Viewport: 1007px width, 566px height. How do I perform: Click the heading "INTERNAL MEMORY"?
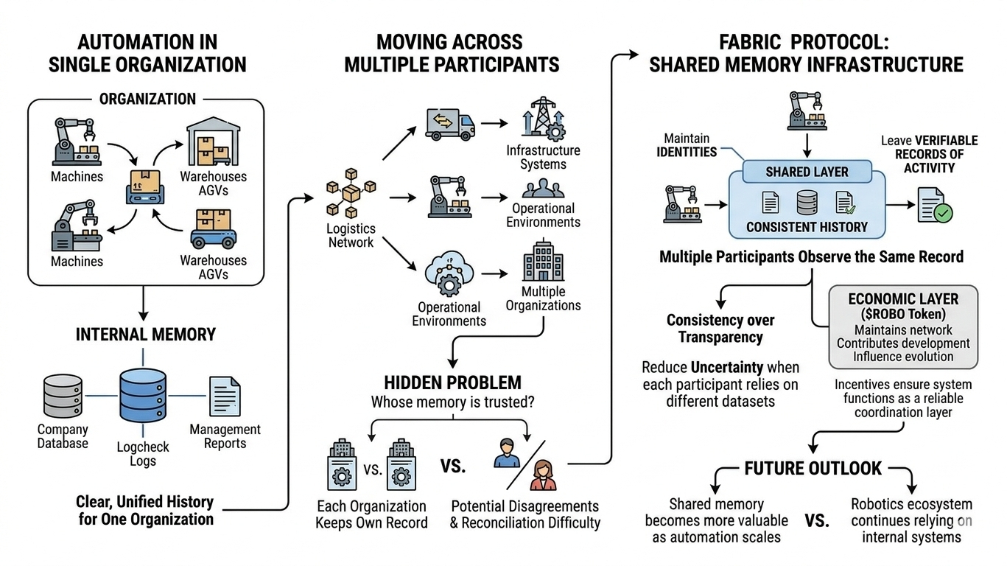click(x=146, y=334)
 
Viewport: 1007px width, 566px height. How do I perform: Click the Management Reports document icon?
click(x=225, y=396)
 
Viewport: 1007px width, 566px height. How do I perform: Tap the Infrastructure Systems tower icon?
click(x=542, y=117)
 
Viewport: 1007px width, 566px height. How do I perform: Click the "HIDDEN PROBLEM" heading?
click(x=452, y=382)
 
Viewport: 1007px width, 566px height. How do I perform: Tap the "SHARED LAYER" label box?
click(x=807, y=172)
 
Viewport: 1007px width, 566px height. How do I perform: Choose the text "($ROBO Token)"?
click(x=903, y=315)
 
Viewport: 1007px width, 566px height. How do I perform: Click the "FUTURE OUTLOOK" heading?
click(x=813, y=468)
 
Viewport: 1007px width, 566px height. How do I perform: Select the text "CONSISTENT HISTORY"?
click(x=807, y=227)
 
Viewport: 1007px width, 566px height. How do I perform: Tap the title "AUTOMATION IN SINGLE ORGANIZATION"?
click(x=147, y=52)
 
